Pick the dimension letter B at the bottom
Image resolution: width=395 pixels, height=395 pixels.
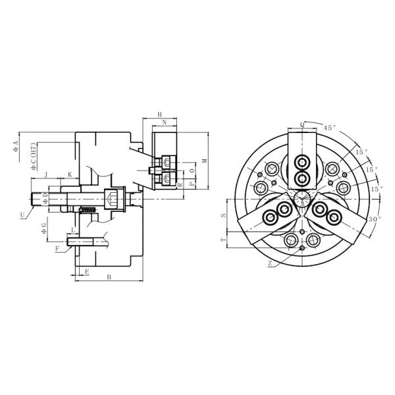[x=108, y=278]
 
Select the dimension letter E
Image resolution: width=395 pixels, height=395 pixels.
[x=87, y=271]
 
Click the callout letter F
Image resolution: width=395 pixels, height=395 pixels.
[x=57, y=248]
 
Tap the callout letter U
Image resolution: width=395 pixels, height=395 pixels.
[x=22, y=214]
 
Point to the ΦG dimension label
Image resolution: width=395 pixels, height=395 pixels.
[x=43, y=228]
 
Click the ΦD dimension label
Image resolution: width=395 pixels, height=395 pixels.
[x=45, y=196]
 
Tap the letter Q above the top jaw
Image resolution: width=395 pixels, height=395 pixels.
[x=302, y=124]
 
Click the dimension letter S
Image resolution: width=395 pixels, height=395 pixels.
[x=223, y=215]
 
